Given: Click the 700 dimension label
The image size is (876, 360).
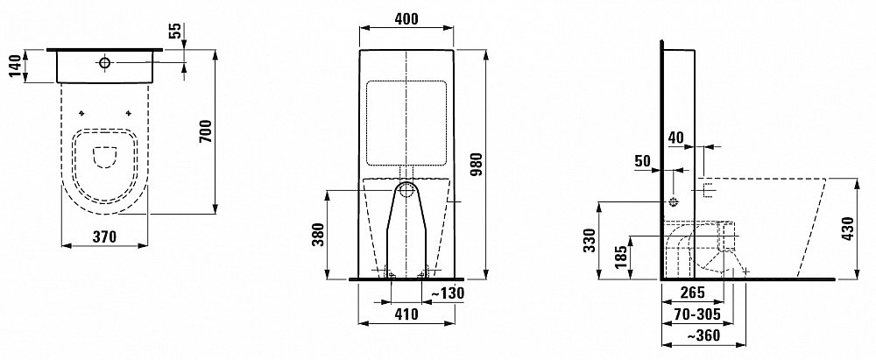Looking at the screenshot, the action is pos(206,131).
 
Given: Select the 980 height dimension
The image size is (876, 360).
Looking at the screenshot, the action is pos(476,165).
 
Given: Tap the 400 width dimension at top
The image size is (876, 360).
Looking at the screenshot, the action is pos(406,19).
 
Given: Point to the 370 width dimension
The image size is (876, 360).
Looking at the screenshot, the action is pos(104,236).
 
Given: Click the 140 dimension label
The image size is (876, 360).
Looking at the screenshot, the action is pos(16,66).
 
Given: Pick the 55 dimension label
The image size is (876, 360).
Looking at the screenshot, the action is pos(176,32).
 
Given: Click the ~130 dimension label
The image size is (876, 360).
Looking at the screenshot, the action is pos(447,293).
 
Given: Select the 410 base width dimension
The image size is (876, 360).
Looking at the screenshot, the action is pos(406,314).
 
